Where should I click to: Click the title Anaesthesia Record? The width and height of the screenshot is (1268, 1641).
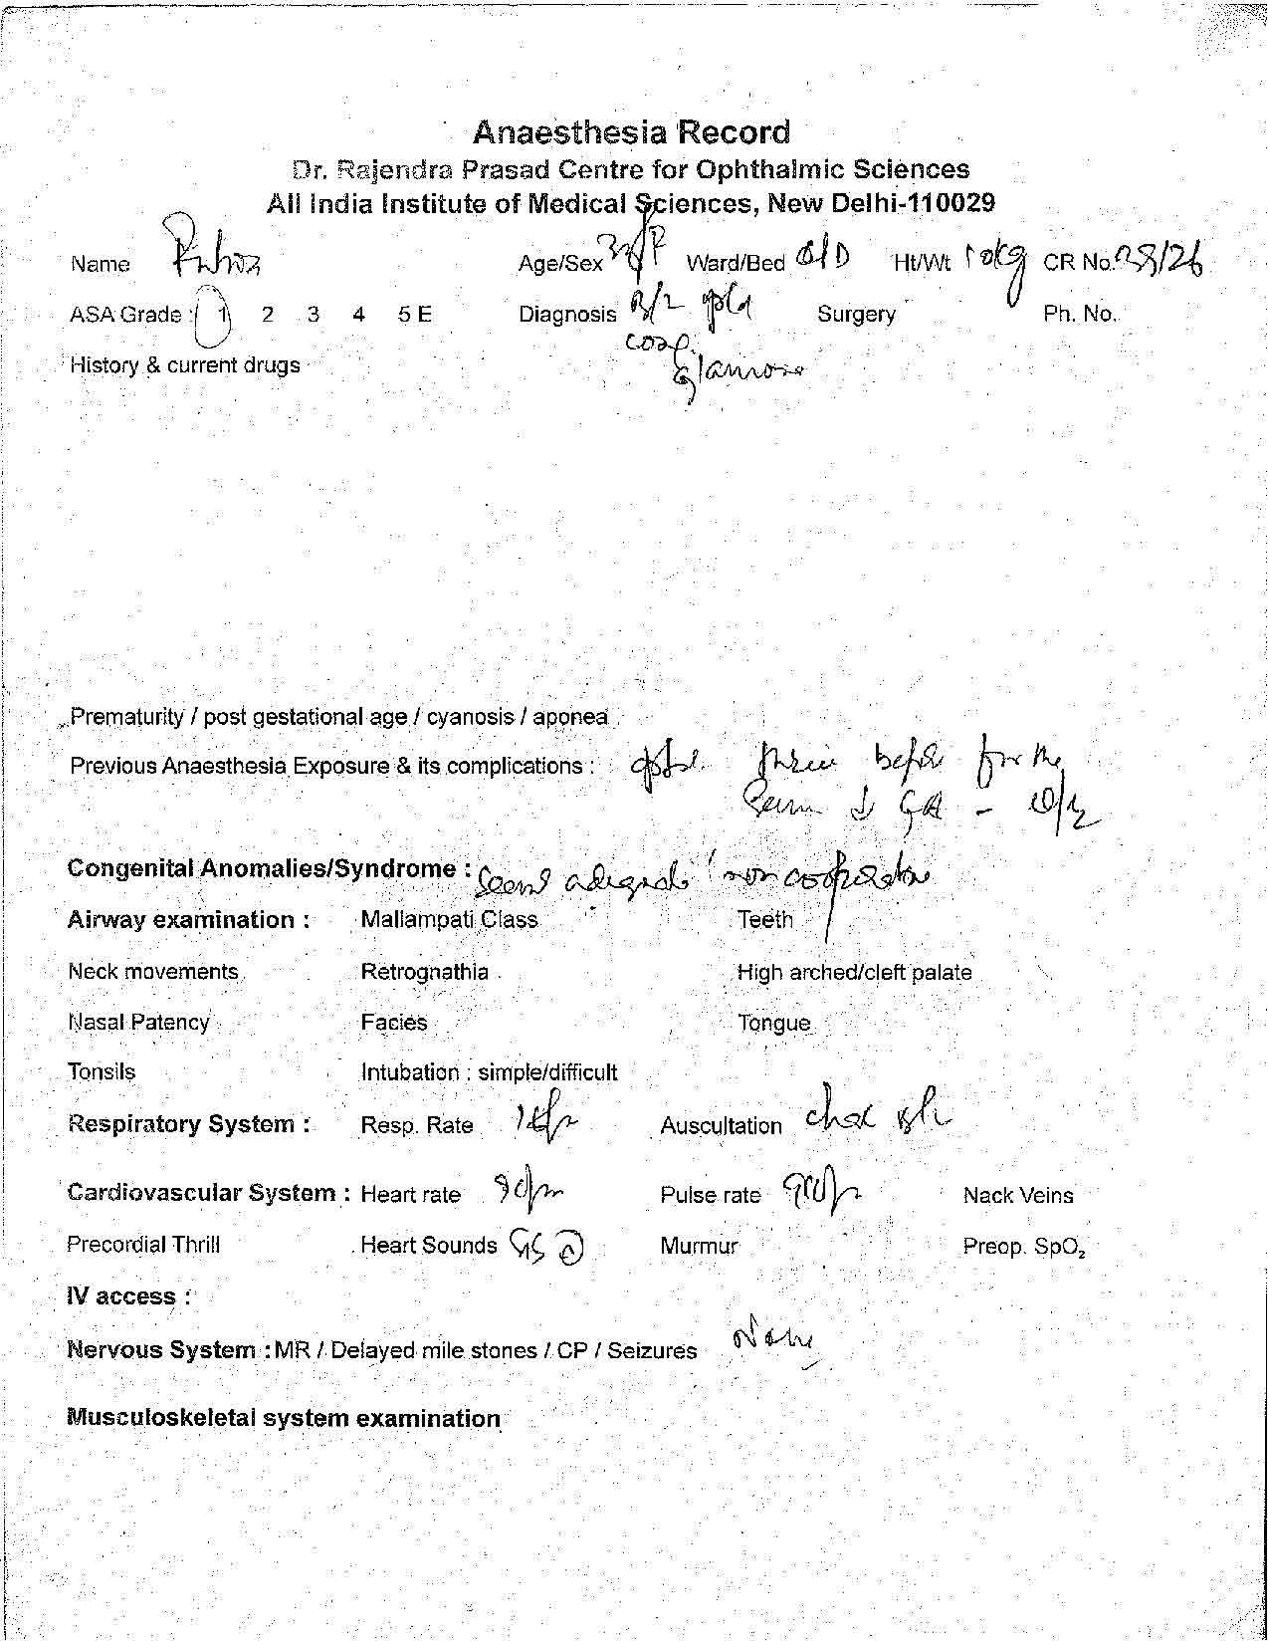click(632, 132)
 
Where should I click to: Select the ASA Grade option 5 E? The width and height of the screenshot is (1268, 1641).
click(414, 315)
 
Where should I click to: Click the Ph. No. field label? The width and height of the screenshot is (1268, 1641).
click(1080, 315)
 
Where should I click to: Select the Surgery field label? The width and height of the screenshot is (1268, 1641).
click(856, 315)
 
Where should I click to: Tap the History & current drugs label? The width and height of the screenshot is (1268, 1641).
click(184, 365)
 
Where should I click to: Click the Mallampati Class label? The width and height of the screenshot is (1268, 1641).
click(449, 920)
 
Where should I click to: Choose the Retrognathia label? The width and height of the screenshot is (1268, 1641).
click(424, 972)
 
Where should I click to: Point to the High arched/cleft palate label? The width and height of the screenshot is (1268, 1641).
click(854, 973)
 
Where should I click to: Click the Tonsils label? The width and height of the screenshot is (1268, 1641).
click(102, 1072)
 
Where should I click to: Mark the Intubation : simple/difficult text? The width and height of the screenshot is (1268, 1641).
click(489, 1072)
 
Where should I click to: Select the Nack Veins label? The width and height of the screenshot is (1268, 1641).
click(1017, 1196)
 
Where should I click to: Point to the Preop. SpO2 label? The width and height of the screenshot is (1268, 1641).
click(1023, 1247)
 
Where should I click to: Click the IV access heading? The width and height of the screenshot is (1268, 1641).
click(128, 1297)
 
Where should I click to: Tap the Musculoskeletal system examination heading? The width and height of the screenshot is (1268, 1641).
click(283, 1419)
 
